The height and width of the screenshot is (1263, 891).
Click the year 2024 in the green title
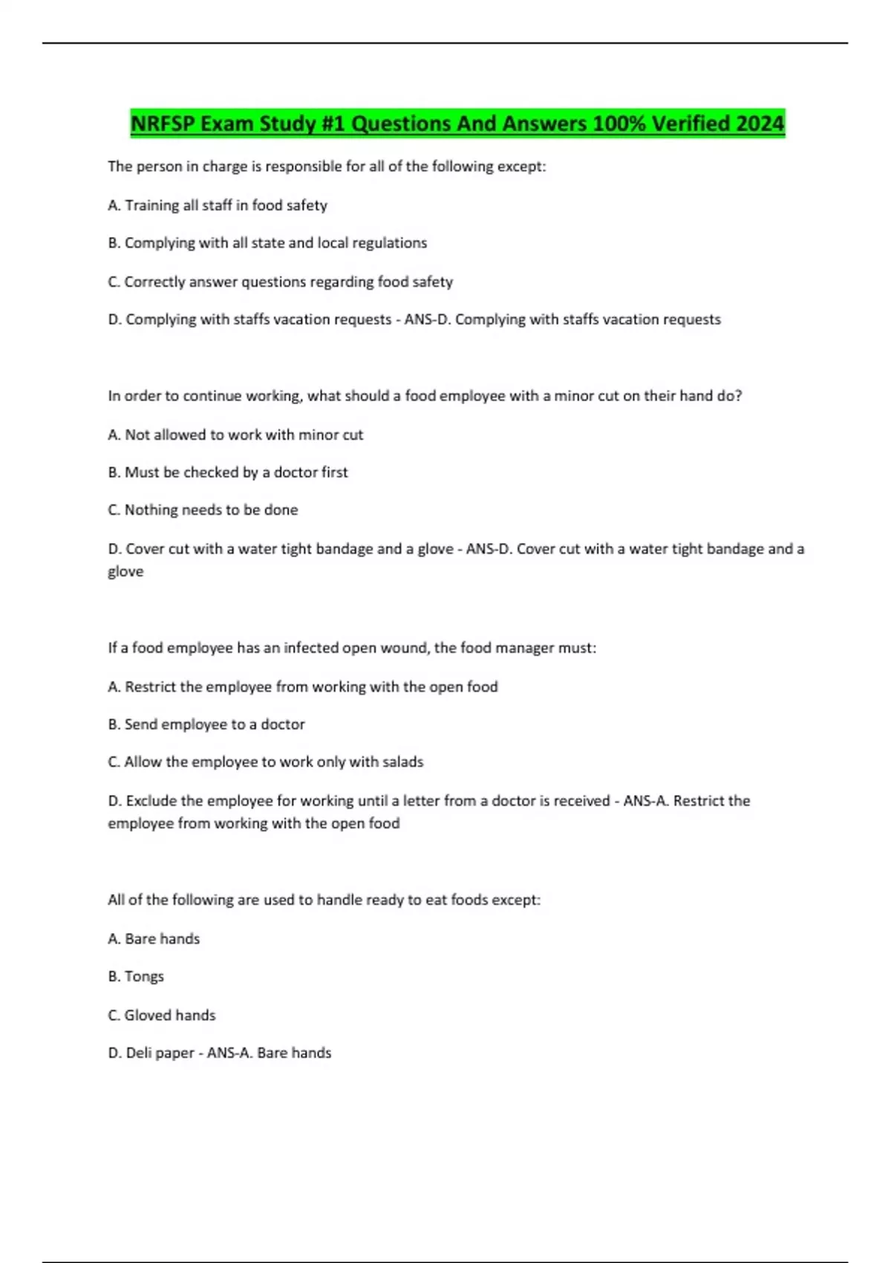pyautogui.click(x=760, y=123)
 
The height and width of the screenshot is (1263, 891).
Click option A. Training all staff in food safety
pyautogui.click(x=218, y=205)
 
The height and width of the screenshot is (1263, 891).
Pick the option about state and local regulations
pyautogui.click(x=267, y=243)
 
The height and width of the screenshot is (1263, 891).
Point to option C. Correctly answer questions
pyautogui.click(x=280, y=282)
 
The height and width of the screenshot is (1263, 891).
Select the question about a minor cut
pyautogui.click(x=425, y=396)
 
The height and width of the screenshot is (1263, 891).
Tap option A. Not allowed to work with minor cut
pyautogui.click(x=235, y=435)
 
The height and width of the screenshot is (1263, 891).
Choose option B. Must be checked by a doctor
pyautogui.click(x=227, y=473)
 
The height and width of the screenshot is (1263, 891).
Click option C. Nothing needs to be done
pyautogui.click(x=203, y=510)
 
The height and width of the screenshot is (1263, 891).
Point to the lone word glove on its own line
pyautogui.click(x=125, y=571)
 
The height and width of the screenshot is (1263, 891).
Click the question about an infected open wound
pyautogui.click(x=352, y=648)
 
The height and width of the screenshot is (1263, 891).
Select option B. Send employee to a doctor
pyautogui.click(x=206, y=724)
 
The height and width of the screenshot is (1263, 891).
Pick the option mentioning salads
pyautogui.click(x=265, y=762)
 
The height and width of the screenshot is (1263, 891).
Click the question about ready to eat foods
pyautogui.click(x=324, y=900)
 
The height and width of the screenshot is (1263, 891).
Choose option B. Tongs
pyautogui.click(x=136, y=976)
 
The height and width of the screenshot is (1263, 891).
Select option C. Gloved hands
pyautogui.click(x=162, y=1015)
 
